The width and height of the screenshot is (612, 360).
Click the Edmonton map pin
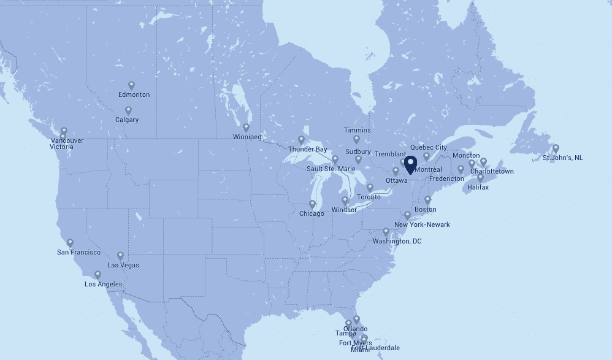pos(131,85)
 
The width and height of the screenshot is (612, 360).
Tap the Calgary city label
pos(128,120)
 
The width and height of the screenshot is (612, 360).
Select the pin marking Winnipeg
pos(246,128)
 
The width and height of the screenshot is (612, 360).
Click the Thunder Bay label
pos(307,149)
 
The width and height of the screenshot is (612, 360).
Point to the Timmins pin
pos(356,139)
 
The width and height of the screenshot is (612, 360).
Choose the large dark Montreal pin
pos(411,164)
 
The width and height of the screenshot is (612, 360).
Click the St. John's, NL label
pos(562,158)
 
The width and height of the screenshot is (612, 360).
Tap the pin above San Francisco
pos(70,243)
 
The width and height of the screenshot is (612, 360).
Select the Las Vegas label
pos(123,266)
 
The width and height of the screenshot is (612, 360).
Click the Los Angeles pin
pos(98,275)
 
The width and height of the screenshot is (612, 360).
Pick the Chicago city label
pos(312,214)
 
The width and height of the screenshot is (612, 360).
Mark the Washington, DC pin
pos(386,232)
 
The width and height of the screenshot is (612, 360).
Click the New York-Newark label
pos(422,225)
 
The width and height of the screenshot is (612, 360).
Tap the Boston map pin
pos(427,200)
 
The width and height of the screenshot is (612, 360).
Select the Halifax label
pos(478,187)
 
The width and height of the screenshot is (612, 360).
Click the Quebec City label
pos(429,147)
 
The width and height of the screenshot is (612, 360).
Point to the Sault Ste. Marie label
pos(330,169)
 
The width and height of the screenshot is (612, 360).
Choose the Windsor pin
pos(345,200)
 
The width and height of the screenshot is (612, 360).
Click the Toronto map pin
pos(370,187)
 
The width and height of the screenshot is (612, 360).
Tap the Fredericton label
pos(446,178)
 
